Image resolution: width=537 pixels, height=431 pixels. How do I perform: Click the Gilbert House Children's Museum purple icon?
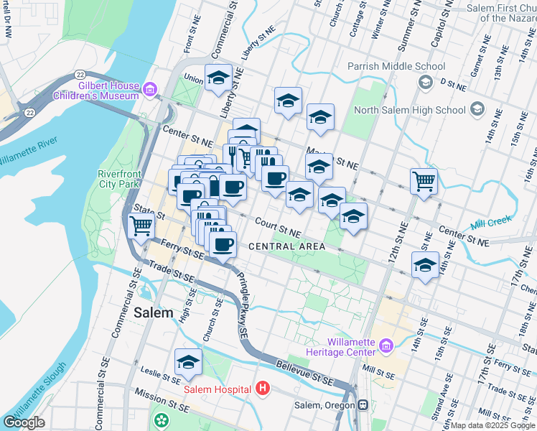pos(149,89)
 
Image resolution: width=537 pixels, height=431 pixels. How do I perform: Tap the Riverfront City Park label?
pos(118,179)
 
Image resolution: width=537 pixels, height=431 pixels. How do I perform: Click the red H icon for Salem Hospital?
pos(263,389)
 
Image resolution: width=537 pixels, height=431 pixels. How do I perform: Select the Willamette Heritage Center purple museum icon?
pos(387,347)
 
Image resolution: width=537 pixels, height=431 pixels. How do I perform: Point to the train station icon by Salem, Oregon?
pos(364,405)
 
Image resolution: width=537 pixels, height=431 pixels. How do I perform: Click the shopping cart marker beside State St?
pos(141,226)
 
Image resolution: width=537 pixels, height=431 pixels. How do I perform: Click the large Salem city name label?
pos(154,312)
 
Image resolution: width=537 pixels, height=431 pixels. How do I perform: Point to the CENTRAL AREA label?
pos(287,246)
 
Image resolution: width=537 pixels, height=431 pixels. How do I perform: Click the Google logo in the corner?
pos(24,422)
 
